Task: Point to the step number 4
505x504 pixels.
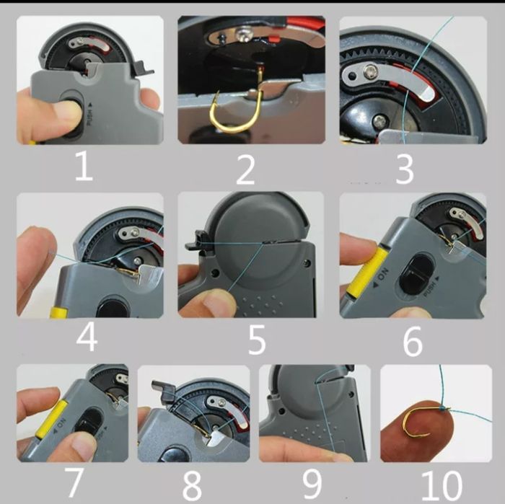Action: [87, 337]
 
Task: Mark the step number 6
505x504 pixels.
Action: [412, 342]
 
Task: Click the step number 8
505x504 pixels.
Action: [192, 485]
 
